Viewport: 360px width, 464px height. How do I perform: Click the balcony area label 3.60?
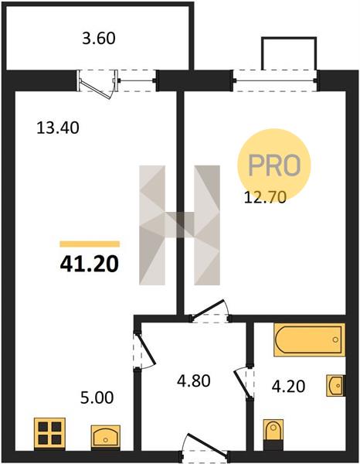click(98, 39)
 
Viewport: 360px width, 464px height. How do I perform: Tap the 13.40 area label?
click(58, 128)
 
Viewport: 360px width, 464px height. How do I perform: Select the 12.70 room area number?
click(265, 197)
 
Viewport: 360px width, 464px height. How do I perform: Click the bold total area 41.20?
click(90, 264)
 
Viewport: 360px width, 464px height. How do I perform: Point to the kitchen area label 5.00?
click(97, 397)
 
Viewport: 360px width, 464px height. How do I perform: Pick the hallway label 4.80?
click(194, 380)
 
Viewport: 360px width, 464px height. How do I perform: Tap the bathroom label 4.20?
click(288, 387)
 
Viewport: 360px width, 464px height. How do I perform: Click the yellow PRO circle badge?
click(274, 165)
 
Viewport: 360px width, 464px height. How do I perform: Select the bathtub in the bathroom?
click(310, 339)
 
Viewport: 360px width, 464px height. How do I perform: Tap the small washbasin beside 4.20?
click(336, 385)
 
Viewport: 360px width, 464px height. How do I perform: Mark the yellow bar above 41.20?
click(90, 244)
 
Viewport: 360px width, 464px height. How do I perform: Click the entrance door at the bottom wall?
click(204, 448)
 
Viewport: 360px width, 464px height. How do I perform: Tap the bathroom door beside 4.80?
click(244, 382)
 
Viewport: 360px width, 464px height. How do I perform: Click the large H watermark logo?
click(179, 225)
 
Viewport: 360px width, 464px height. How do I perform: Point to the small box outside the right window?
click(289, 53)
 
